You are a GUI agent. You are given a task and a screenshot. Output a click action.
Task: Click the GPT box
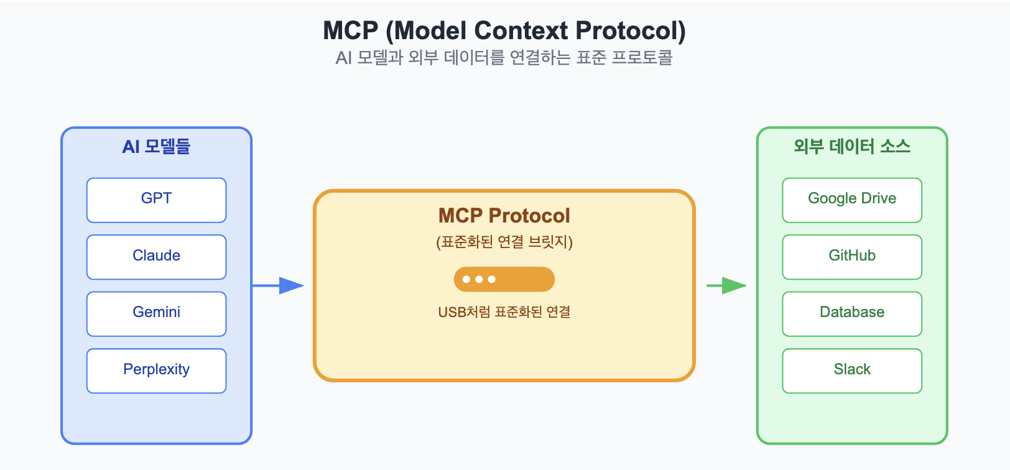pos(157,200)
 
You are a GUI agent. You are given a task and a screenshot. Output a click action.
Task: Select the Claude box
pos(157,257)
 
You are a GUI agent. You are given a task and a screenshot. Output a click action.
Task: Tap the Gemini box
pos(157,313)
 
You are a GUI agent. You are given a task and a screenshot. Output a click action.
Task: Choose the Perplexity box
pos(157,371)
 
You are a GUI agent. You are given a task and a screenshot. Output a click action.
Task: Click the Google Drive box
pos(852,200)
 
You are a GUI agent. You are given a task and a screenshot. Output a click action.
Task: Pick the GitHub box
pos(852,257)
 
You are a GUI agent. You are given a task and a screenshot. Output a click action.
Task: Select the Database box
pos(852,313)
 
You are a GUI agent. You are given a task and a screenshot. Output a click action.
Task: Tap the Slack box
pos(852,371)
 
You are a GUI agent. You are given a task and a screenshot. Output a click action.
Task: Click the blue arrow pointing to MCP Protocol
pos(278,285)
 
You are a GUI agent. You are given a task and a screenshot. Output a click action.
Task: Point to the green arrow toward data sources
pos(727,285)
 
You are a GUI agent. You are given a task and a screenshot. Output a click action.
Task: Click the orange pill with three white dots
pos(504,279)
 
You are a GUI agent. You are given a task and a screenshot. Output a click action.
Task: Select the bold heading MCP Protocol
pos(504,215)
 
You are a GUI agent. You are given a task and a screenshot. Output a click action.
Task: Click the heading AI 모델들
pos(157,147)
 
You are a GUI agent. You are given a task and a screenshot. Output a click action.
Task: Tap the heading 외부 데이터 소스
pos(852,147)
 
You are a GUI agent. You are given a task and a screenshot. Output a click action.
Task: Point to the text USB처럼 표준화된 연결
pos(504,312)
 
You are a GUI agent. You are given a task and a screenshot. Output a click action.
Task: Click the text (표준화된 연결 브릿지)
pos(504,242)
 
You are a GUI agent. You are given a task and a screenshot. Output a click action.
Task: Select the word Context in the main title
pos(521,30)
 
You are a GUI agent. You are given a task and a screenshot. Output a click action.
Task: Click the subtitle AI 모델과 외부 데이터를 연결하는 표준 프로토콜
pos(504,58)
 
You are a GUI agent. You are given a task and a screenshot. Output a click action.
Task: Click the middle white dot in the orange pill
pos(479,279)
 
